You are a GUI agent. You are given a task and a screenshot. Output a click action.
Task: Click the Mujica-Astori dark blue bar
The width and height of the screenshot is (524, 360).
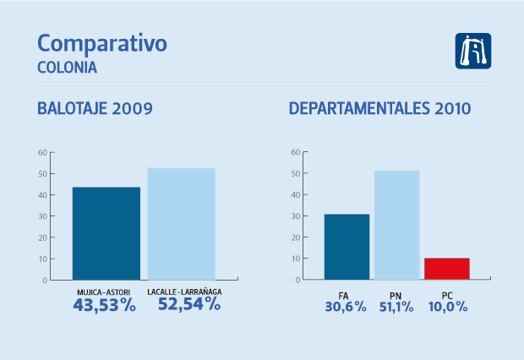[x=106, y=233]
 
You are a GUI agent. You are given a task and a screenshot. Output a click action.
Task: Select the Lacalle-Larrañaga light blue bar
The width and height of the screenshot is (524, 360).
[x=182, y=224]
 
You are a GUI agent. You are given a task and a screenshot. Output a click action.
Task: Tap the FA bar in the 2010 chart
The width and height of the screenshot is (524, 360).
[x=347, y=247]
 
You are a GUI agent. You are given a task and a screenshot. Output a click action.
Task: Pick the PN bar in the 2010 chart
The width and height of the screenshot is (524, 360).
[x=396, y=225]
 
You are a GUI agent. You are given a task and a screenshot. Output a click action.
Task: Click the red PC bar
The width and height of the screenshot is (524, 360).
[x=446, y=269]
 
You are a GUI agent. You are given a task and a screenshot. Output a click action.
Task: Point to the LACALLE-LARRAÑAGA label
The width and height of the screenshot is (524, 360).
[x=185, y=292]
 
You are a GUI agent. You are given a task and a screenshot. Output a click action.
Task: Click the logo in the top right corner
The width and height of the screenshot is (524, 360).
[x=473, y=52]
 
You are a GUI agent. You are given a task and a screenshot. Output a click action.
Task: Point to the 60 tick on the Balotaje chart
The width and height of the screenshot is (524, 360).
[x=42, y=153]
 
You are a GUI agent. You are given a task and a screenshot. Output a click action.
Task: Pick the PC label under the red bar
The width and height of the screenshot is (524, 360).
[x=447, y=294]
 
